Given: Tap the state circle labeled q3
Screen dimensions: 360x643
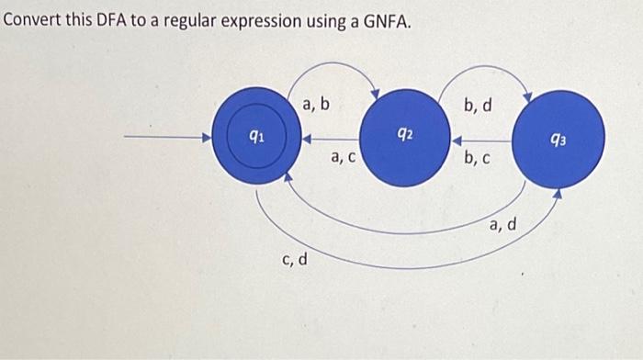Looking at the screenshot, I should pyautogui.click(x=558, y=140).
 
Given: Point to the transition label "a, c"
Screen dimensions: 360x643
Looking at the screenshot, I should pyautogui.click(x=344, y=158).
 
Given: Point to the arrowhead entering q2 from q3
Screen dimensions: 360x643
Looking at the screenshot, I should pyautogui.click(x=456, y=141).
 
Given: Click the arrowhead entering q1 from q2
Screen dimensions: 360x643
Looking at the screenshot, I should pyautogui.click(x=308, y=141).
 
